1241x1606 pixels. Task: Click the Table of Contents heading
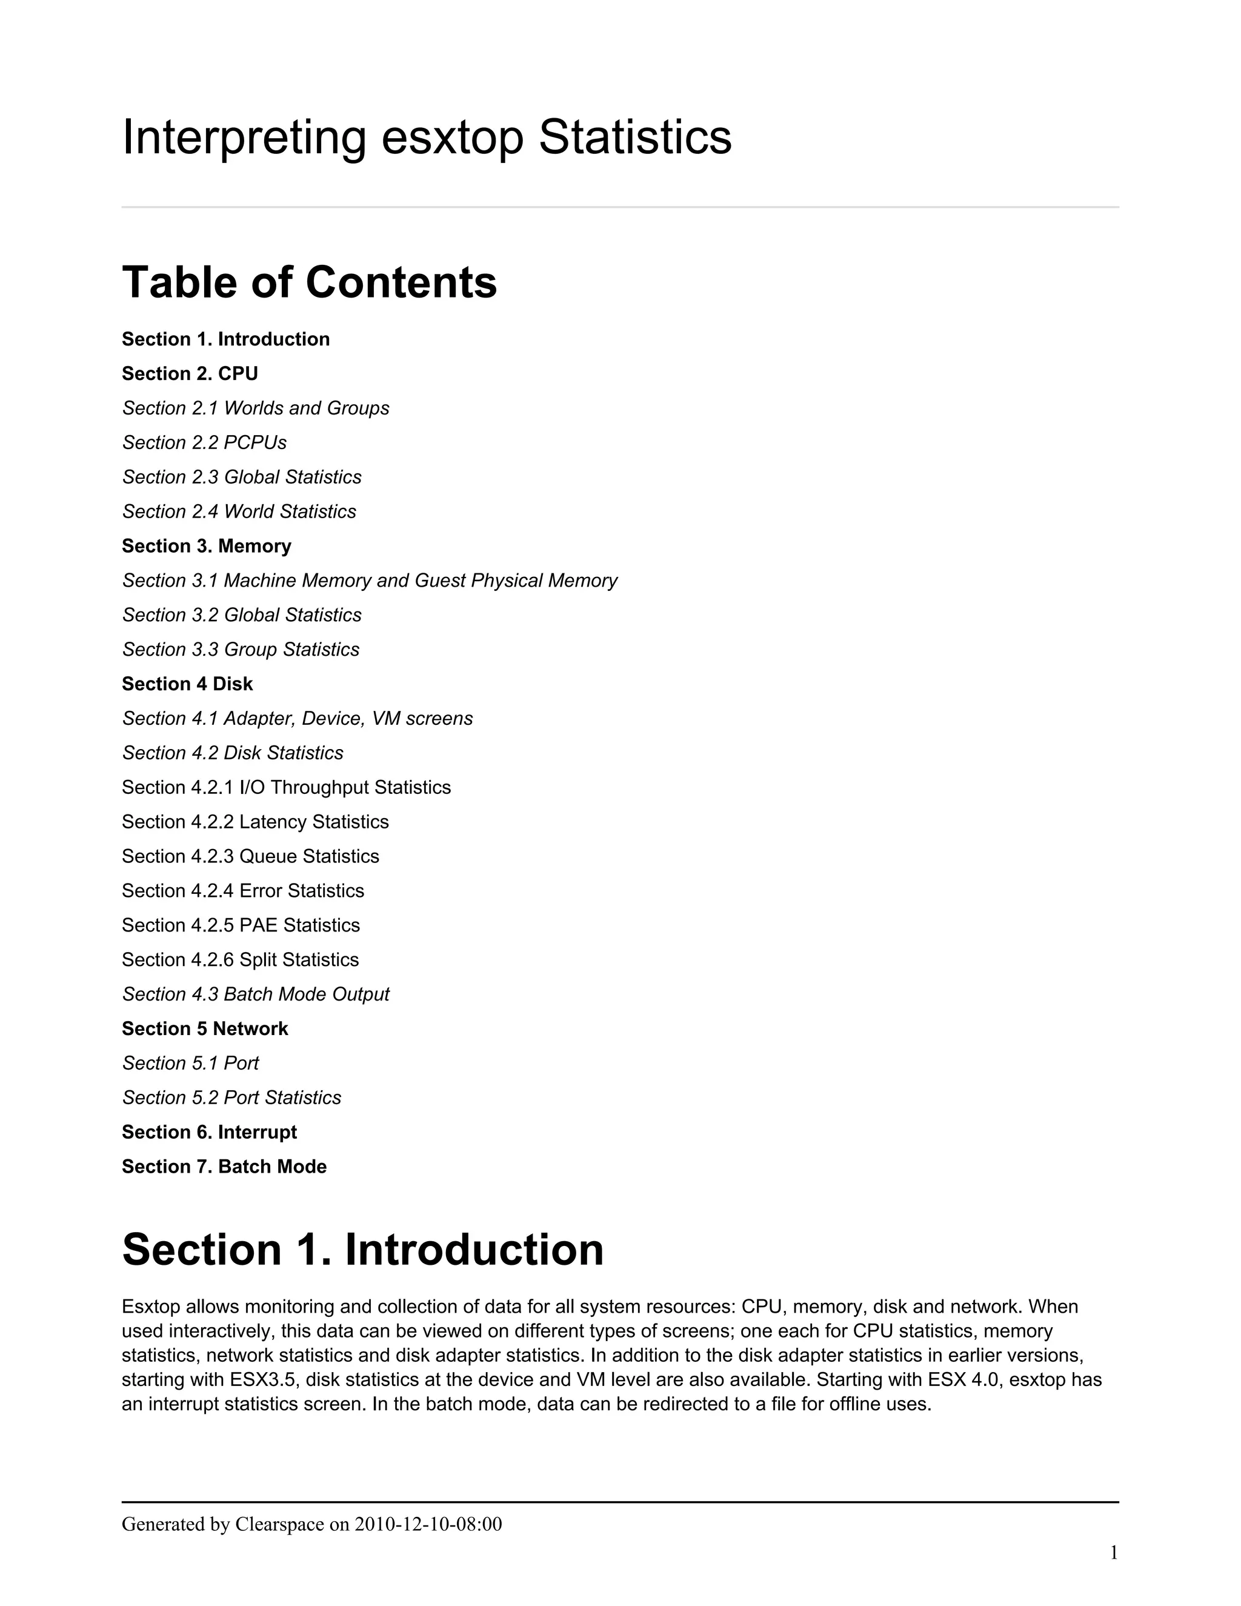click(x=310, y=283)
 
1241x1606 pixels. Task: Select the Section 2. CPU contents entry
click(x=190, y=375)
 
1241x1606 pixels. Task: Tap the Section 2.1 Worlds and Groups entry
click(x=256, y=409)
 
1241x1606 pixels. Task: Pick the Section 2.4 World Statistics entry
click(x=239, y=513)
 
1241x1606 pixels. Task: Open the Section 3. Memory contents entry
click(x=207, y=547)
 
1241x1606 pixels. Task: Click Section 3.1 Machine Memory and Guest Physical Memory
click(x=370, y=582)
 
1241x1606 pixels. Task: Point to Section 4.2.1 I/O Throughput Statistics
click(x=286, y=788)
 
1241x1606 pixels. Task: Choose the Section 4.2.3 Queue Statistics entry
click(x=251, y=857)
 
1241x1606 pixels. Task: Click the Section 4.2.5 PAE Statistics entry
click(x=241, y=926)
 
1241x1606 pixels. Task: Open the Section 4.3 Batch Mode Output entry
click(x=256, y=995)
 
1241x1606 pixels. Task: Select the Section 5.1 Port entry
click(x=190, y=1064)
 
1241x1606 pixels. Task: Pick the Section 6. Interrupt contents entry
click(x=210, y=1133)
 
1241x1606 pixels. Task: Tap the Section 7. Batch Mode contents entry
click(x=224, y=1167)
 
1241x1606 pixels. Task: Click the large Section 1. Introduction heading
click(x=362, y=1250)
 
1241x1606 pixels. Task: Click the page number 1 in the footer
click(x=1114, y=1553)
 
